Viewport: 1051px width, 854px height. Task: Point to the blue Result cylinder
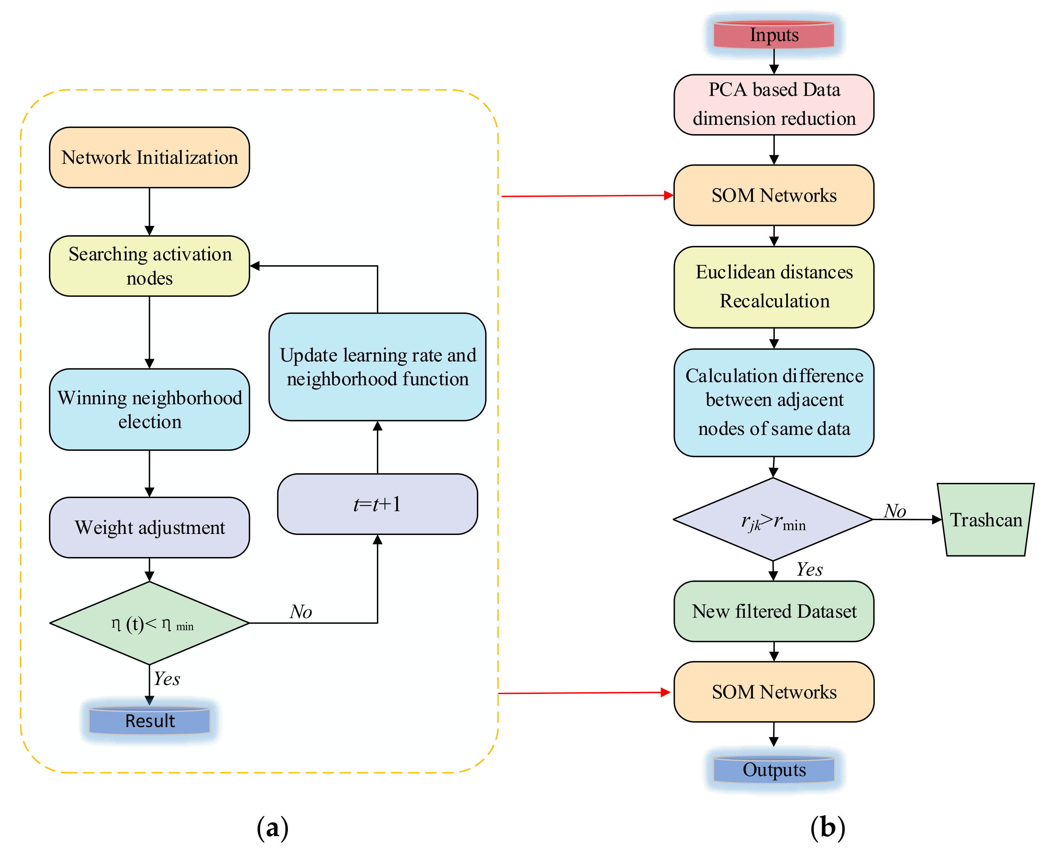[150, 720]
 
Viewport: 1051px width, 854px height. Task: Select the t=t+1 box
[377, 504]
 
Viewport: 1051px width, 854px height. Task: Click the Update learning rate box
[377, 367]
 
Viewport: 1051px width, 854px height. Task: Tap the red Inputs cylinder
[774, 35]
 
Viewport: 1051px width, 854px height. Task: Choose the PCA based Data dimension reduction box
[774, 104]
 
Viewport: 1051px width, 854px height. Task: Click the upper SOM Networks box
[774, 195]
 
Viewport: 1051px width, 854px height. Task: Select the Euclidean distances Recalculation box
[774, 287]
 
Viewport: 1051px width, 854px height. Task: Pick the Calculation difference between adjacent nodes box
[774, 403]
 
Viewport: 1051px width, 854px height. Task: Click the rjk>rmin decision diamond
[773, 519]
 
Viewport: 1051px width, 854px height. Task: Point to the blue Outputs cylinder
[774, 770]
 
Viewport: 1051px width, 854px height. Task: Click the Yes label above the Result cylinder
[167, 679]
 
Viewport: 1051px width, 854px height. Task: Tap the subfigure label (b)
[827, 827]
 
